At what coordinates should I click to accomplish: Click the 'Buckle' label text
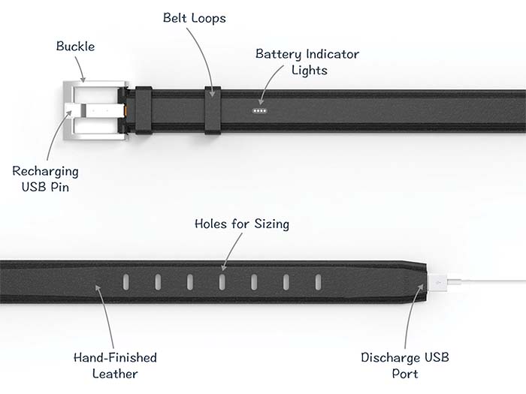pyautogui.click(x=75, y=47)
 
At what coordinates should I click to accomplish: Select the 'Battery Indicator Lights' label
pyautogui.click(x=307, y=62)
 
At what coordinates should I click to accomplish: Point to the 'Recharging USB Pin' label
pyautogui.click(x=44, y=179)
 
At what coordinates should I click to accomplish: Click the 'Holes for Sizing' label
pyautogui.click(x=241, y=224)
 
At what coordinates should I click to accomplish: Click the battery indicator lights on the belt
pyautogui.click(x=261, y=110)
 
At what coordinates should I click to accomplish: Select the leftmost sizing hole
pyautogui.click(x=126, y=282)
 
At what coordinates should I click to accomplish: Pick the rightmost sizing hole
pyautogui.click(x=318, y=282)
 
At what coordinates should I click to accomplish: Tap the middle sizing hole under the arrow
pyautogui.click(x=222, y=282)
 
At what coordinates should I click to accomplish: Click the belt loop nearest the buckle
pyautogui.click(x=143, y=110)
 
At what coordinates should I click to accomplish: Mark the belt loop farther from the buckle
pyautogui.click(x=212, y=110)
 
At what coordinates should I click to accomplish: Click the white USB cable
pyautogui.click(x=488, y=284)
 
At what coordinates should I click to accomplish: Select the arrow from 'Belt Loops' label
pyautogui.click(x=209, y=60)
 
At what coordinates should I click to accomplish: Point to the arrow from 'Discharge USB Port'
pyautogui.click(x=410, y=319)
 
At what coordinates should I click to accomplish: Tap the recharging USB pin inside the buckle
pyautogui.click(x=101, y=111)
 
